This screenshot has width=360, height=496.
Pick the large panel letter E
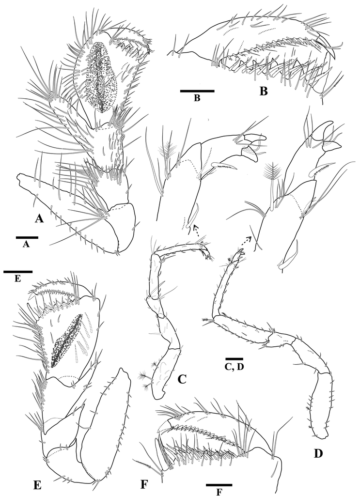click(37, 485)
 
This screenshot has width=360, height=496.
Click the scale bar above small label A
click(27, 237)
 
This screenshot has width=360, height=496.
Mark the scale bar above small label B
click(197, 91)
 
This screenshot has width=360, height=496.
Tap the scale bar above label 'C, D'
click(235, 359)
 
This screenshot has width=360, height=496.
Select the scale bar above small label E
click(18, 271)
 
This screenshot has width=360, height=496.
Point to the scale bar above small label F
click(219, 484)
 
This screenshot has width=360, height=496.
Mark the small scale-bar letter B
click(197, 98)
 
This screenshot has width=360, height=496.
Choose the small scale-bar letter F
click(219, 492)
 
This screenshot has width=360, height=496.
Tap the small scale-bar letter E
click(18, 279)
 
